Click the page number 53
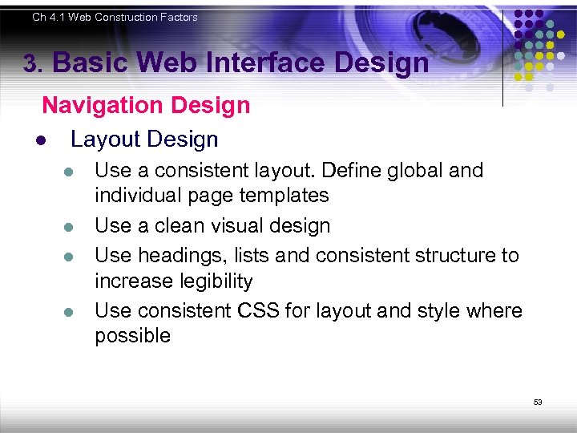pyautogui.click(x=538, y=402)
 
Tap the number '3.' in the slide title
pyautogui.click(x=34, y=64)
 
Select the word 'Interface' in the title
pyautogui.click(x=270, y=63)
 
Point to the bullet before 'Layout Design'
pyautogui.click(x=39, y=140)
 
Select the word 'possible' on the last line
pyautogui.click(x=132, y=336)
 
